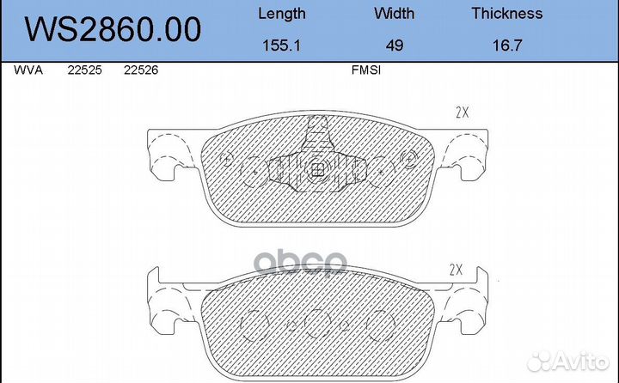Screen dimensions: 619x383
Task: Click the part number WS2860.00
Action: pos(113,29)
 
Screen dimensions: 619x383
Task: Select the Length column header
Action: pos(282,14)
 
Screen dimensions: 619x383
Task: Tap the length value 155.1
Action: pos(281,46)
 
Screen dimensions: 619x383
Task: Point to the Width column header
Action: pos(395,14)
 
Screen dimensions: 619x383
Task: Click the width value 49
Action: pos(395,46)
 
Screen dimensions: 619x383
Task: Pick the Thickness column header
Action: pos(507,14)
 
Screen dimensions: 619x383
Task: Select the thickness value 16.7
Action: pos(507,46)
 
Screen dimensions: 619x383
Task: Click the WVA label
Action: pos(28,70)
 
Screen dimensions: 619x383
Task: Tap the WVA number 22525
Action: pos(84,70)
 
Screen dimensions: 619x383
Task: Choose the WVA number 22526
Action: pos(141,70)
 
